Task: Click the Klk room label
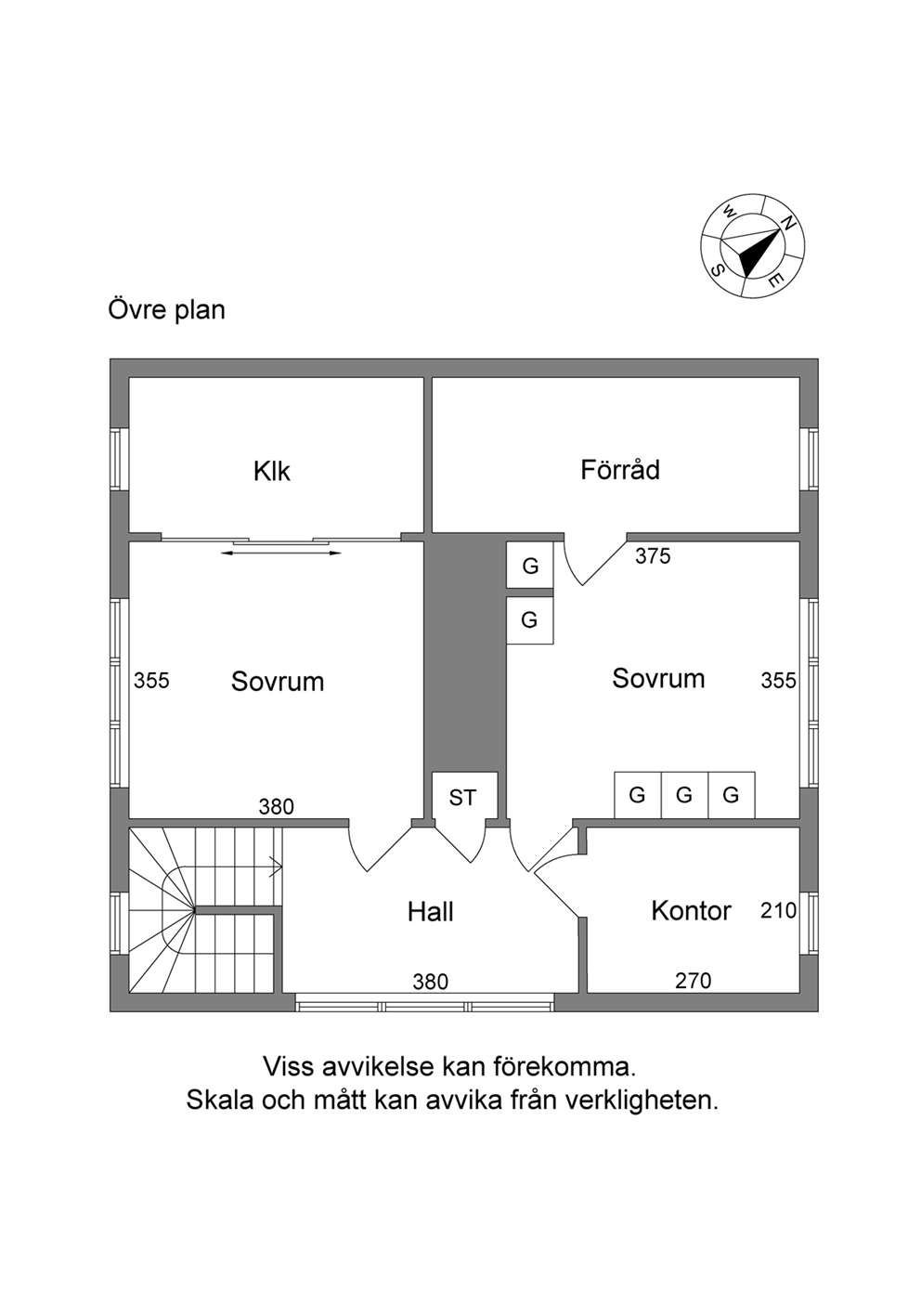(271, 471)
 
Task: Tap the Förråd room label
(620, 469)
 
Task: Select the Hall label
(430, 911)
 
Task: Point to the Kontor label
(691, 910)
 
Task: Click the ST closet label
(463, 798)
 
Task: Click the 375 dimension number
(653, 556)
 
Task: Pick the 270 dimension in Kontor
(694, 982)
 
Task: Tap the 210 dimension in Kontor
(778, 910)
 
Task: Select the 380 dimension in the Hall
(430, 982)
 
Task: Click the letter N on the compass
(788, 223)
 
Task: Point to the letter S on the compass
(718, 270)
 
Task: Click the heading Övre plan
(166, 310)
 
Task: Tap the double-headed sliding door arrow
(280, 553)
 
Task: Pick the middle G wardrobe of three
(684, 794)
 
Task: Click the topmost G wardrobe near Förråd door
(530, 566)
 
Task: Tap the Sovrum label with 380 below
(278, 681)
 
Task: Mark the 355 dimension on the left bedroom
(151, 680)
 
